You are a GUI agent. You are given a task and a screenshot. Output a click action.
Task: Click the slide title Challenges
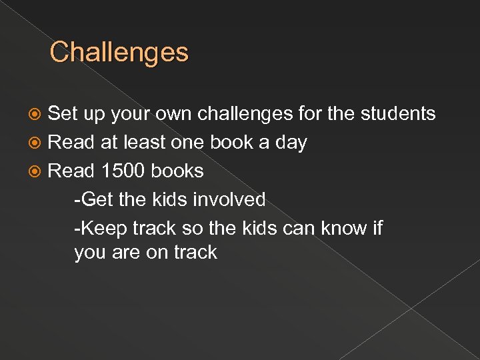coord(119,52)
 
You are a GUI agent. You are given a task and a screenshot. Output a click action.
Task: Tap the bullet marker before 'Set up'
coord(39,114)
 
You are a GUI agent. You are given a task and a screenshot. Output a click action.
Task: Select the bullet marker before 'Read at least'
coord(39,143)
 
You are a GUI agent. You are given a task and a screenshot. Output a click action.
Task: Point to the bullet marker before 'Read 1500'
coord(39,171)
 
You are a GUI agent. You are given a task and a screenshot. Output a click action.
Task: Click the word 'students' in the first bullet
coord(398,114)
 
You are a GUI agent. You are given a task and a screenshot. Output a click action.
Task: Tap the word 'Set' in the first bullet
coord(64,114)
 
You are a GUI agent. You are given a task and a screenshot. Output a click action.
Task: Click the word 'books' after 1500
coord(177,171)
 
